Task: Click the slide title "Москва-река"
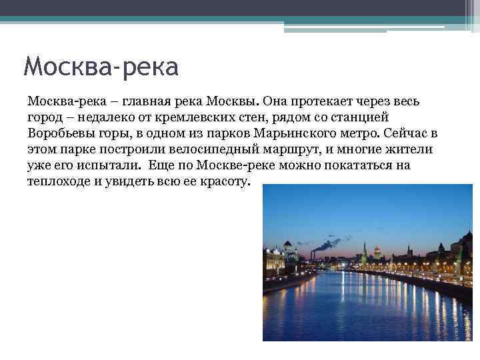tap(101, 67)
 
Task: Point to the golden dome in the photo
tap(377, 251)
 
